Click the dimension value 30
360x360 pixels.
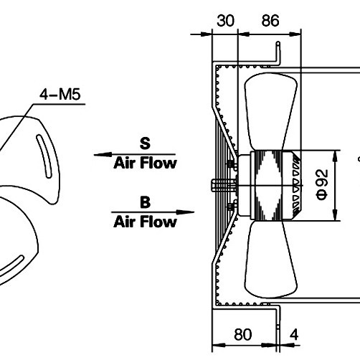pyautogui.click(x=225, y=21)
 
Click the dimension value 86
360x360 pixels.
pyautogui.click(x=270, y=21)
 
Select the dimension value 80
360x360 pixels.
pyautogui.click(x=243, y=334)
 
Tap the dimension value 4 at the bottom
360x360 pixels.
pyautogui.click(x=294, y=334)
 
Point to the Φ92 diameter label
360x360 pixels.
pyautogui.click(x=322, y=184)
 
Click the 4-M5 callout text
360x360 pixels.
pyautogui.click(x=60, y=94)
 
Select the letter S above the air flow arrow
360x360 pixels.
pyautogui.click(x=145, y=143)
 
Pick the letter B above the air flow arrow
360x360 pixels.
pyautogui.click(x=146, y=202)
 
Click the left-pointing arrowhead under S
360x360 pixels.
pyautogui.click(x=103, y=155)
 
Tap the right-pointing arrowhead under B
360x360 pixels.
pyautogui.click(x=185, y=212)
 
